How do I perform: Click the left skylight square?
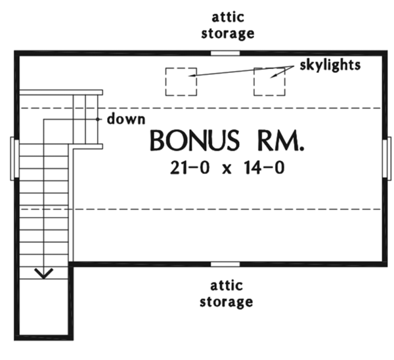click(180, 81)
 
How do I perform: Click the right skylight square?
click(270, 81)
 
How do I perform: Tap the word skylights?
click(330, 66)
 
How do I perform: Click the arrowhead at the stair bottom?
click(44, 272)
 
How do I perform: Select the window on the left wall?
click(13, 158)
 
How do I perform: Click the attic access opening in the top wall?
click(225, 53)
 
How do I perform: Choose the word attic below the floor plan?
click(226, 286)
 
